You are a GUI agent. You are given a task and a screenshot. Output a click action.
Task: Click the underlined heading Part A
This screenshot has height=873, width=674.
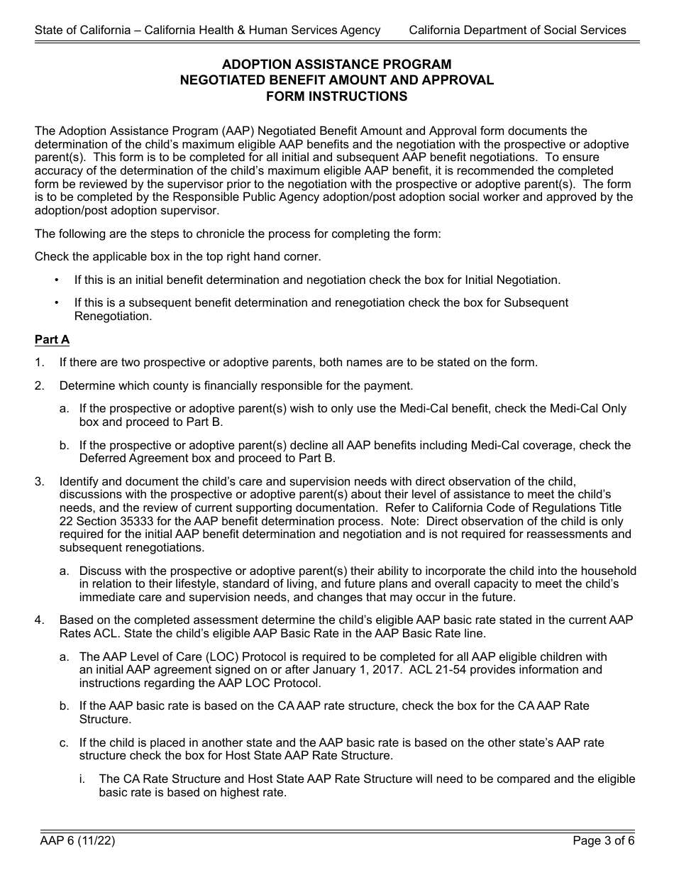pos(52,340)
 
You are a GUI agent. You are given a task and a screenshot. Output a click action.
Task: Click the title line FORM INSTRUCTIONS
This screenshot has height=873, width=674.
pos(337,97)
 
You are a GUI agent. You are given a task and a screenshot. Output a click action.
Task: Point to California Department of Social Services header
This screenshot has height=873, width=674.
pos(517,30)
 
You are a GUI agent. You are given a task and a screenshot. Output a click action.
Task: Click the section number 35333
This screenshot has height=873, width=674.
pos(148,521)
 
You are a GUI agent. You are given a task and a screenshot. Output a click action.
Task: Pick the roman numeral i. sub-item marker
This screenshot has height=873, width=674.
pos(82,779)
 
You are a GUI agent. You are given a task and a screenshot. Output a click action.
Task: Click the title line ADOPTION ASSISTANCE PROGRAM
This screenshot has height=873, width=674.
pos(337,65)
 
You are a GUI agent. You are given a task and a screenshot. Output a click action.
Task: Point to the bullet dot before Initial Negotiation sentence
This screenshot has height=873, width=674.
pos(57,280)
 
